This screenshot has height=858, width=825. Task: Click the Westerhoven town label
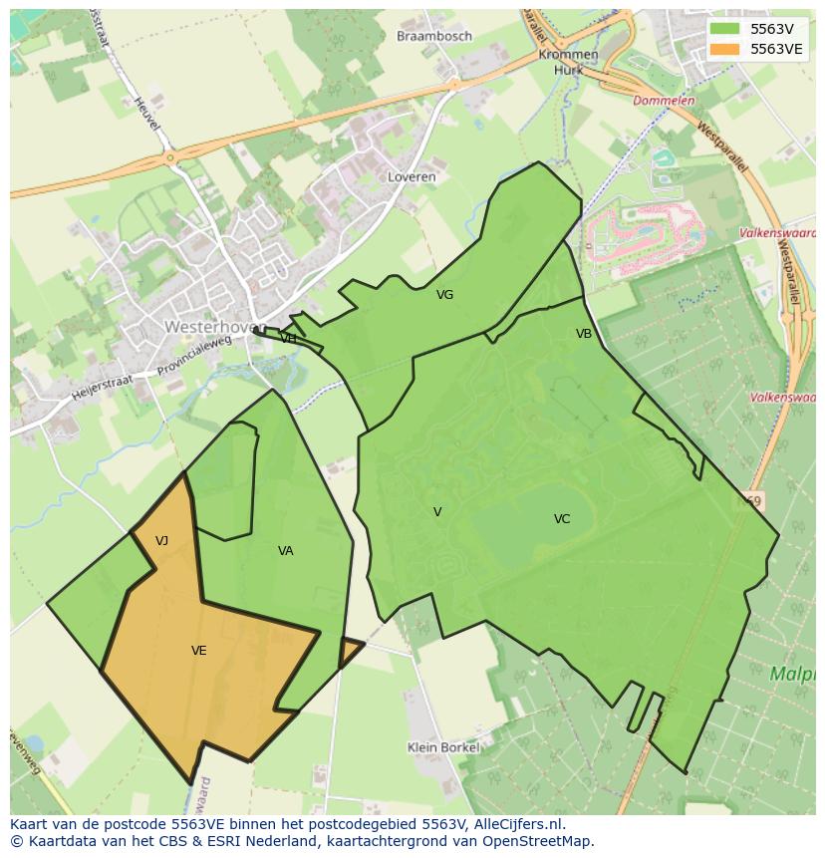[x=206, y=326]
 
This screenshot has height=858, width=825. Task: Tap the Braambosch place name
[x=434, y=36]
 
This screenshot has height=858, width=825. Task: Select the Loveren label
[x=412, y=176]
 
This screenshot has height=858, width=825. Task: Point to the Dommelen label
[x=664, y=101]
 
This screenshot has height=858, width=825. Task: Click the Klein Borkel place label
[x=443, y=747]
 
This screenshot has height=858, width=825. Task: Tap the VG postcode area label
[x=444, y=295]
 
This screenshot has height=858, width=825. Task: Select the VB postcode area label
[x=584, y=334]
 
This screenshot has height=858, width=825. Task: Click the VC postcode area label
[x=562, y=519]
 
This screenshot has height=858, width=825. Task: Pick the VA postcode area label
[x=286, y=551]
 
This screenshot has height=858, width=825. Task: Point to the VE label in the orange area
[x=199, y=651]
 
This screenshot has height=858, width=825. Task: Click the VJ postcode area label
[x=161, y=541]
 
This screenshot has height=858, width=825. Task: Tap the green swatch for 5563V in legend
[x=724, y=28]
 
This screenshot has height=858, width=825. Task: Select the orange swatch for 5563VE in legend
[x=724, y=48]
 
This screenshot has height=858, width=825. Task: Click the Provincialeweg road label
[x=195, y=356]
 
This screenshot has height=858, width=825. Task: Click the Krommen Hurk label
[x=568, y=62]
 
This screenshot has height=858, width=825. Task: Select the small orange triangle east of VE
[x=349, y=650]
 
